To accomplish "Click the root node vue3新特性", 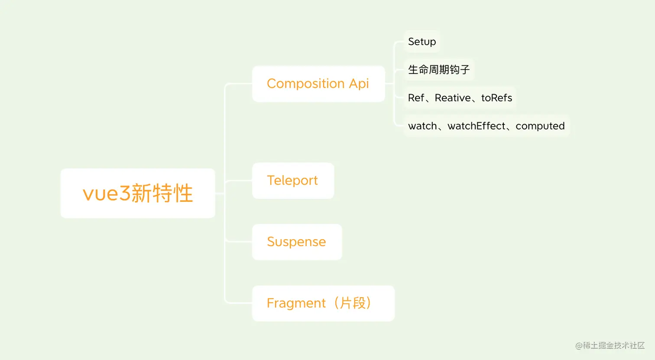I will [138, 193].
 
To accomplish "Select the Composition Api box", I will [318, 84].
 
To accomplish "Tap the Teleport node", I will [293, 181].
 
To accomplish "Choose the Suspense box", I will [297, 242].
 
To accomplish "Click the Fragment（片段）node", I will [323, 303].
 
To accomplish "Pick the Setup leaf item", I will [422, 42].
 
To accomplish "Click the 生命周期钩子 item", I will [439, 70].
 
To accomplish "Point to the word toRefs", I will [496, 98].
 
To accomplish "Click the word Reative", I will [453, 98].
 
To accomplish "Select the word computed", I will [540, 126].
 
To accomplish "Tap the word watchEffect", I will [477, 126].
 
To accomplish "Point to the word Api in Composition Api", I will [359, 84].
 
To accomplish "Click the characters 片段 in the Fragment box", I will [353, 303].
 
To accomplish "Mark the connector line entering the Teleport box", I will [239, 181].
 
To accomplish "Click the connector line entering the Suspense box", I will [239, 242].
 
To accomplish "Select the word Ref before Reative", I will [416, 98].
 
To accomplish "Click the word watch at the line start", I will [422, 126].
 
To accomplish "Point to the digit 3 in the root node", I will [125, 193].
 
